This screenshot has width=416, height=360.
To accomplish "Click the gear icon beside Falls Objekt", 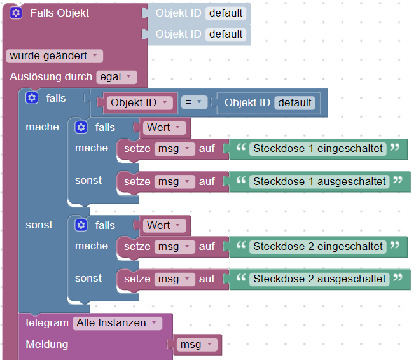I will pyautogui.click(x=17, y=13).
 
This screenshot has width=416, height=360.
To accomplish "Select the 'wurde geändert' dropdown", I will pyautogui.click(x=54, y=56).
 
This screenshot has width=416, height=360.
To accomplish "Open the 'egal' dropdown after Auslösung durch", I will pyautogui.click(x=116, y=77).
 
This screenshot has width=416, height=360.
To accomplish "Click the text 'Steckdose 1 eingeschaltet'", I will pyautogui.click(x=318, y=149).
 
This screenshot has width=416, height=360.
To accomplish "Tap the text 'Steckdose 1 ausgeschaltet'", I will pyautogui.click(x=320, y=181).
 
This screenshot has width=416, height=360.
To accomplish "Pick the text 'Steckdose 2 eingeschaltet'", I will pyautogui.click(x=318, y=246).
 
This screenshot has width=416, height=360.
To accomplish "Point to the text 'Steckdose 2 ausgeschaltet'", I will pyautogui.click(x=320, y=279).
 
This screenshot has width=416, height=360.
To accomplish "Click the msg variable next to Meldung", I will pyautogui.click(x=196, y=345).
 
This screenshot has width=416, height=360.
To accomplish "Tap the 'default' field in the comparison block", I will pyautogui.click(x=295, y=102).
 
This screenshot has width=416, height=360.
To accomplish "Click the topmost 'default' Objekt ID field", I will pyautogui.click(x=226, y=13).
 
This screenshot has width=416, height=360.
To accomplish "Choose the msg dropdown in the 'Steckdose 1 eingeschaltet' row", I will pyautogui.click(x=174, y=149).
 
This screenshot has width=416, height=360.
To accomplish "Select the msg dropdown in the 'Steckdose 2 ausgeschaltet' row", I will pyautogui.click(x=174, y=279).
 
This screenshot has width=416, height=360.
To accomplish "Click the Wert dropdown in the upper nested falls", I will pyautogui.click(x=164, y=127).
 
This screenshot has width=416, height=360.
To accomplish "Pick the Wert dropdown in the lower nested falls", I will pyautogui.click(x=164, y=225).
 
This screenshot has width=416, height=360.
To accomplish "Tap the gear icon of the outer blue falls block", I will pyautogui.click(x=32, y=98).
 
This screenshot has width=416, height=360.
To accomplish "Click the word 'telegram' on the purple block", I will pyautogui.click(x=46, y=323).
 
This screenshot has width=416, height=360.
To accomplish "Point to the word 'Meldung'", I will pyautogui.click(x=46, y=345).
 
